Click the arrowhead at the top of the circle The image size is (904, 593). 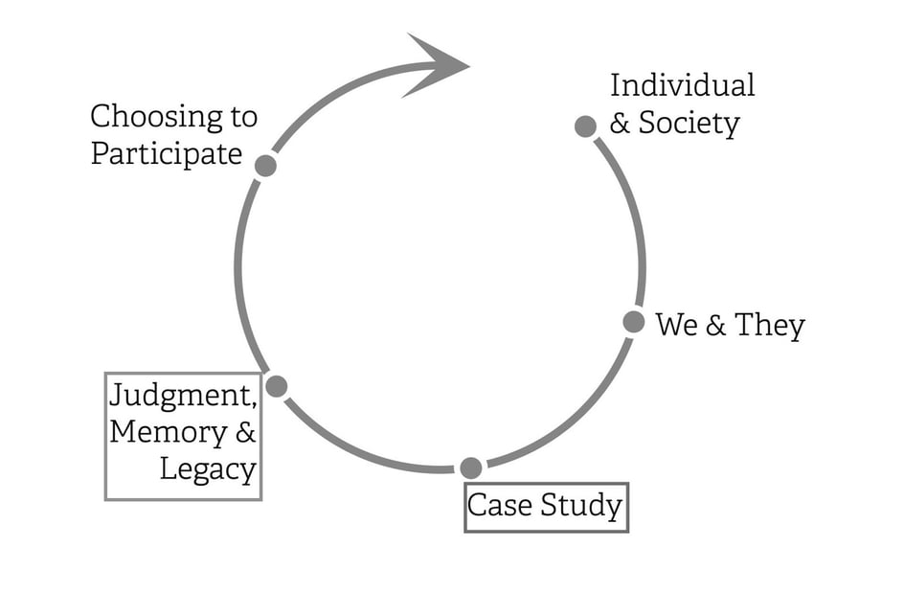pos(436,65)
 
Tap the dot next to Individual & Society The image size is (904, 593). pos(586,126)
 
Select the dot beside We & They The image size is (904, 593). pos(633,322)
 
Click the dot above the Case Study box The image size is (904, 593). pos(470,468)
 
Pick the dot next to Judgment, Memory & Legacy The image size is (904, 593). pos(277,386)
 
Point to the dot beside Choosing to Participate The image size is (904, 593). pos(266,166)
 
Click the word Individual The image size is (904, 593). pos(682,85)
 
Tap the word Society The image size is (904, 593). pos(689,124)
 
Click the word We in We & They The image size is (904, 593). pos(676,326)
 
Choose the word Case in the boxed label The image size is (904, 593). pos(500,505)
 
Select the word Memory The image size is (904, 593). pos(168,432)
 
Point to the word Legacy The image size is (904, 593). pos(208,470)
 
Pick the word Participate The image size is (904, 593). pos(166,154)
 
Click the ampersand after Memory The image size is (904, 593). pos(245,432)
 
